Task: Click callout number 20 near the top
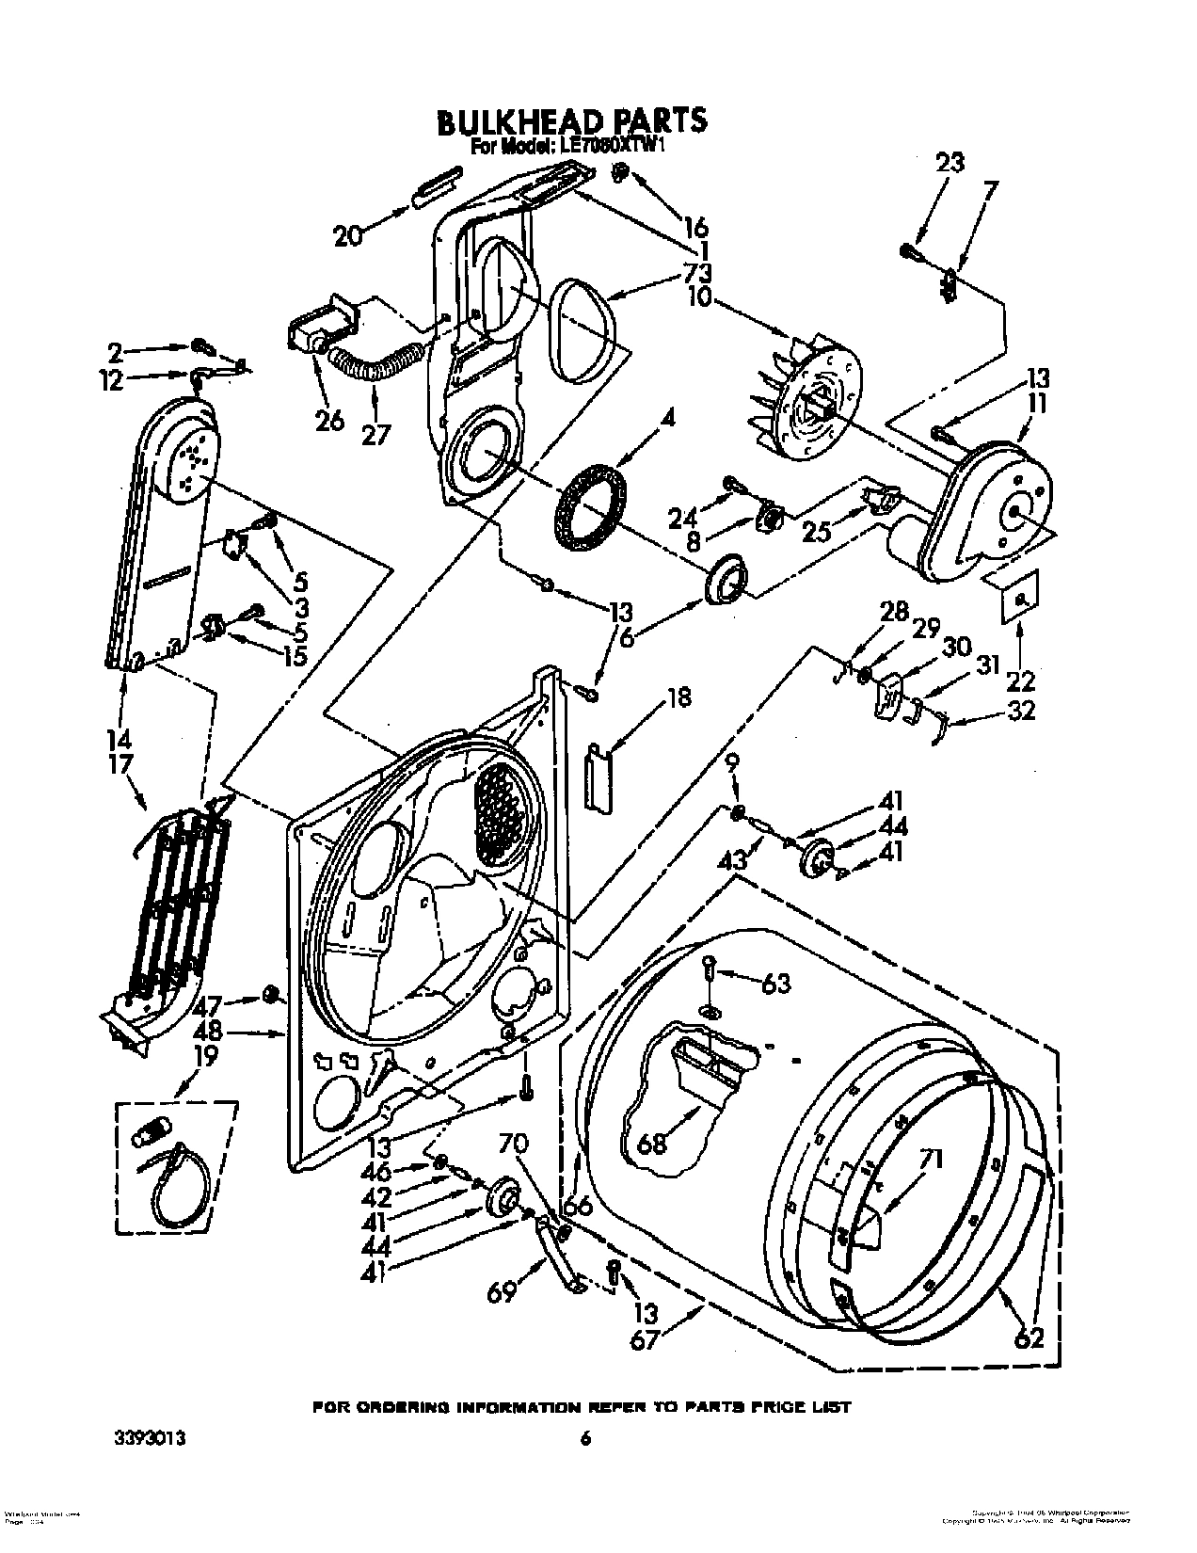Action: [x=347, y=236]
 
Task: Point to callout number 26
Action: [x=329, y=420]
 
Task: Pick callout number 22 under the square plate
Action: [x=1021, y=680]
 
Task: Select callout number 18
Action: [x=678, y=697]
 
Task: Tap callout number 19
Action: [x=204, y=1056]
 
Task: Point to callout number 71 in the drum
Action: [x=933, y=1160]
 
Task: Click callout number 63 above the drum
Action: [x=775, y=985]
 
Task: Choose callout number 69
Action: [x=502, y=1293]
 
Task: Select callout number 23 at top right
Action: [x=950, y=164]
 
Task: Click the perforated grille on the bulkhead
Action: [x=499, y=814]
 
